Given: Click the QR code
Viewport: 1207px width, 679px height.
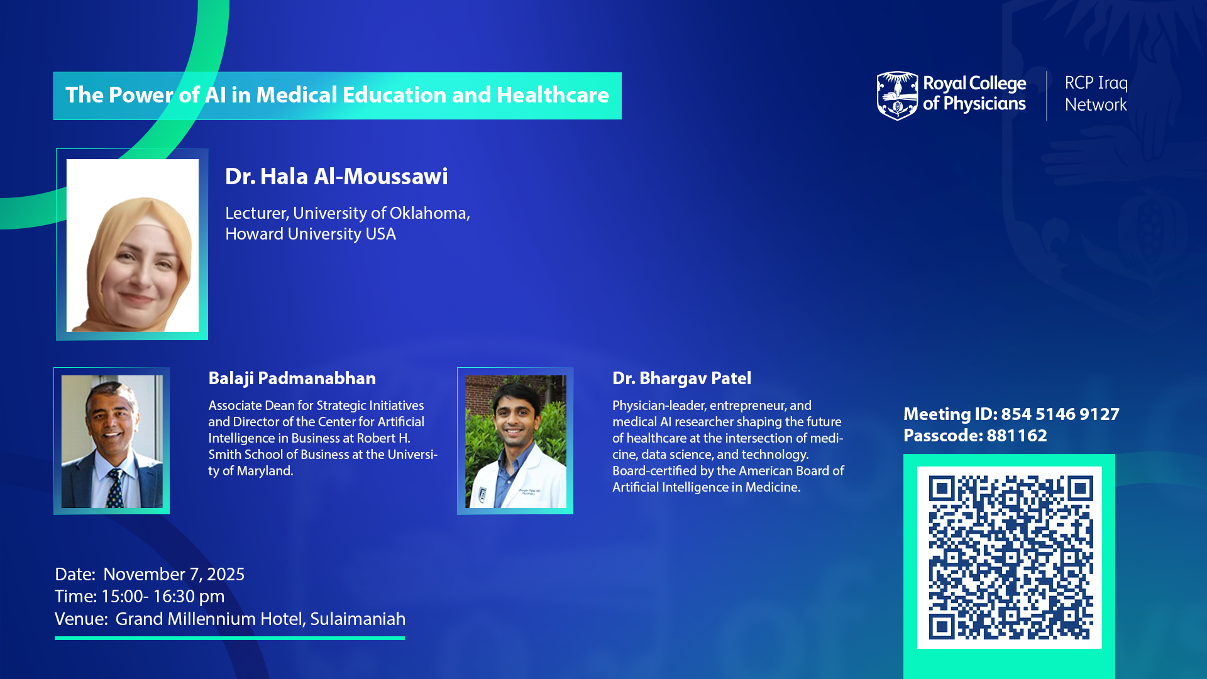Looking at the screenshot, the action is (1010, 558).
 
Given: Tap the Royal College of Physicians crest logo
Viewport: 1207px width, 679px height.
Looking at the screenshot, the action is (897, 96).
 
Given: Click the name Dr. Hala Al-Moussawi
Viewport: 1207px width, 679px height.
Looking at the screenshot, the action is (336, 177).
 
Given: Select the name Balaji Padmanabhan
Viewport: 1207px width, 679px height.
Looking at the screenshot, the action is (292, 378).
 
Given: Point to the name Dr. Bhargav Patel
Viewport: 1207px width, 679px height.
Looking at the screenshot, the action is (682, 378).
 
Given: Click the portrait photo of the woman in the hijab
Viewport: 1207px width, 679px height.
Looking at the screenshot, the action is (133, 245).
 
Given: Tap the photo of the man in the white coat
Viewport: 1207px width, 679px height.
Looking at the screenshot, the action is (515, 441).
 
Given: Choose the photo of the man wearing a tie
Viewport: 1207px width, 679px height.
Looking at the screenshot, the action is (112, 441).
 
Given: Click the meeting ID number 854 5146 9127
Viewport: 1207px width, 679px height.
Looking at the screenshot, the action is (1061, 414).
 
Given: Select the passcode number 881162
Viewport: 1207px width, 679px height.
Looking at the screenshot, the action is (1017, 435).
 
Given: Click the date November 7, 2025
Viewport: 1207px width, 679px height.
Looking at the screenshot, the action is (174, 574).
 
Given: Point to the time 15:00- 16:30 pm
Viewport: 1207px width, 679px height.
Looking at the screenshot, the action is (163, 596).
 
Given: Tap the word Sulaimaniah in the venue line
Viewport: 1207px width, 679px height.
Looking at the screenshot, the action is (358, 619).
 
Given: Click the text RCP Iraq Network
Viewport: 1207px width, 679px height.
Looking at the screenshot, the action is (1096, 94).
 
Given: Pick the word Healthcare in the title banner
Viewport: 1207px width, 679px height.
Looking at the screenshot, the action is (553, 95).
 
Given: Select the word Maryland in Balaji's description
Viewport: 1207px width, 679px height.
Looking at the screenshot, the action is (265, 471).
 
